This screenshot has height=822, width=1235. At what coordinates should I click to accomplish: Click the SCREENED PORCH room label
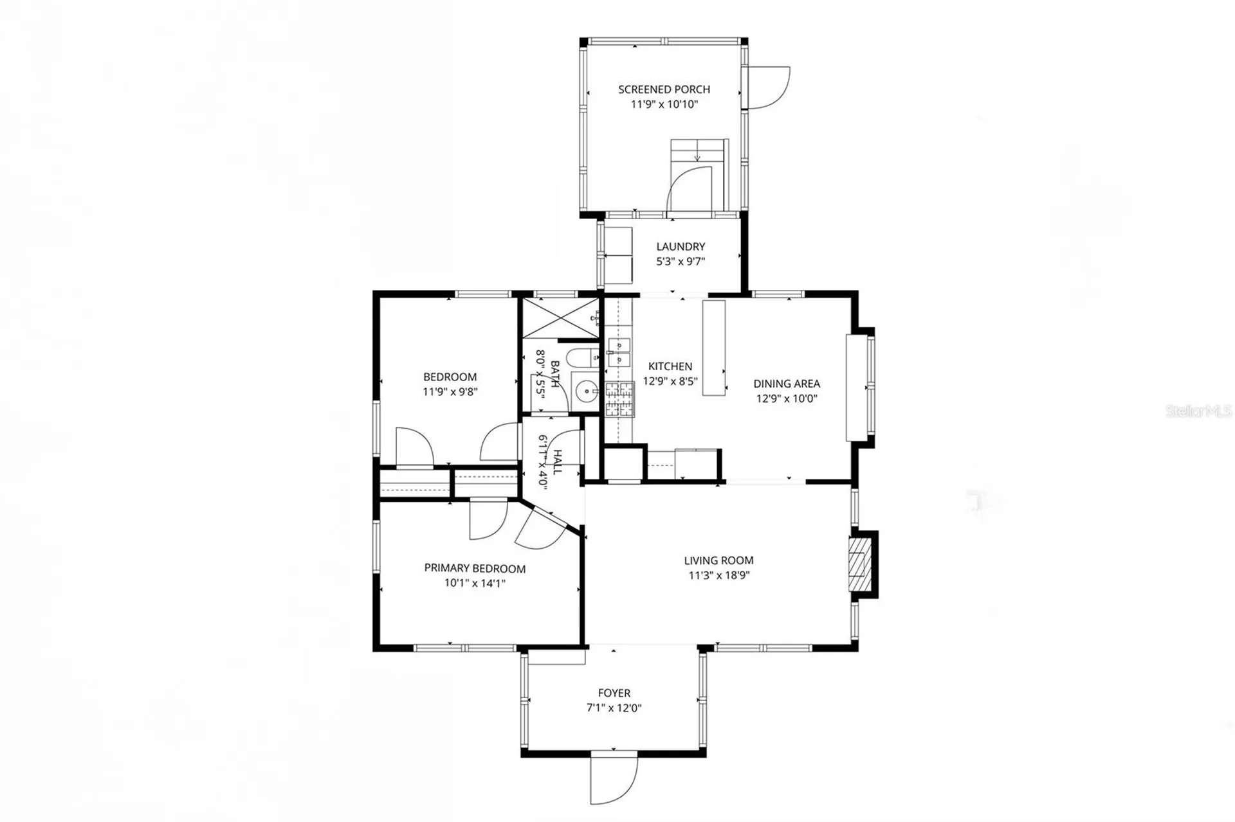point(664,89)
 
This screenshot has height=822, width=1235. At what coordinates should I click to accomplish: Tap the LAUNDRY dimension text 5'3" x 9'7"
point(681,262)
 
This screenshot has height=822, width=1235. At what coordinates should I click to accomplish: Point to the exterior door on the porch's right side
point(767,87)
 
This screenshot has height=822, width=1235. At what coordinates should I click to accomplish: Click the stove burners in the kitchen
point(619,399)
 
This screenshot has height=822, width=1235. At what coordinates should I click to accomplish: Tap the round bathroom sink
point(586,390)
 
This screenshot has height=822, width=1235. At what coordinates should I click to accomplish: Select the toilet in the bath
point(581,357)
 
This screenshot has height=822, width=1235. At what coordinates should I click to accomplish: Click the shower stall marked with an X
point(559,317)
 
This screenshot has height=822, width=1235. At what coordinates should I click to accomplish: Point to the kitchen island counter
point(713,348)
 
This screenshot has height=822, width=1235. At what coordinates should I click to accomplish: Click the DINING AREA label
point(786,384)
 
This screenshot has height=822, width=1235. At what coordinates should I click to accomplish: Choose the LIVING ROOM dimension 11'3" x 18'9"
point(718,575)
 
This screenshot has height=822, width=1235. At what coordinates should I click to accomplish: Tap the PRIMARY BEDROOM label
point(475,568)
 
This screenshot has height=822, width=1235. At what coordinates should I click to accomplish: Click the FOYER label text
point(614,693)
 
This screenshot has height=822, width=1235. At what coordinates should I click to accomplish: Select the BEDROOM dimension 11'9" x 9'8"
point(450,391)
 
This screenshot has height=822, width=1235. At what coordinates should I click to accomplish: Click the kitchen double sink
point(619,353)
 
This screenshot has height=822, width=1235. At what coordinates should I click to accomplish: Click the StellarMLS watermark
point(1198,411)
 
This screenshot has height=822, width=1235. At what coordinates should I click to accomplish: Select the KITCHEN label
point(670,366)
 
